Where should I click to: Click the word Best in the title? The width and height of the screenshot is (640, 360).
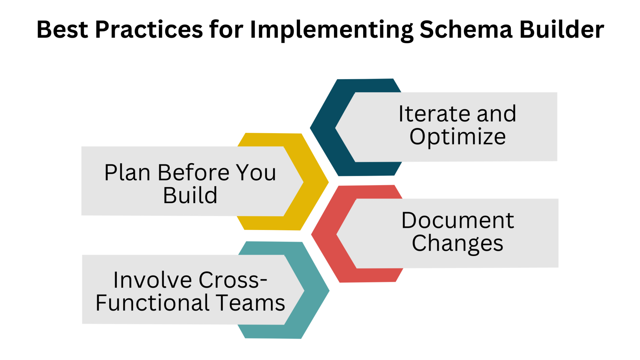tap(62, 30)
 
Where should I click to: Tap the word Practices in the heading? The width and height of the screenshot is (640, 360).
tap(149, 30)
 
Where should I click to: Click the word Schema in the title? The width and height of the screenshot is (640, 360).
tap(466, 30)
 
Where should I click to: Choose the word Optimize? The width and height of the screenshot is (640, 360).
tap(457, 137)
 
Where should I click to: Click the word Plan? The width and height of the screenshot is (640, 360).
tap(127, 172)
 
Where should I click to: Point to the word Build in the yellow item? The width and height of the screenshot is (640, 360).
tap(190, 196)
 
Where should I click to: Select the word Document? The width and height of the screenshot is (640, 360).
tap(457, 221)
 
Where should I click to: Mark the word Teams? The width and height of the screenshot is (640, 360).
tap(251, 303)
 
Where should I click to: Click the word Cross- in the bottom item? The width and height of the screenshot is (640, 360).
tap(233, 280)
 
